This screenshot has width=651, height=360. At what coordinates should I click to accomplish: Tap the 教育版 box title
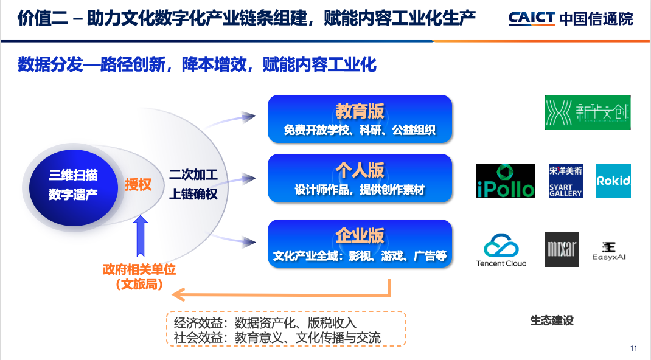tap(360, 111)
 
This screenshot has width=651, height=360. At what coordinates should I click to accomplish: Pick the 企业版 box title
tap(360, 236)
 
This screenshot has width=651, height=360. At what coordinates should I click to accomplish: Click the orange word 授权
tap(138, 184)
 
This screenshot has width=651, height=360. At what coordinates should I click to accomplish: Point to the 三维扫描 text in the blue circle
tap(74, 176)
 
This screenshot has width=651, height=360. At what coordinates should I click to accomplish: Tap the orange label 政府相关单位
tap(139, 269)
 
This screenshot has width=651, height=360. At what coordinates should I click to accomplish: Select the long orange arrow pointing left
tap(280, 296)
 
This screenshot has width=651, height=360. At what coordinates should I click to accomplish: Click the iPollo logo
tap(505, 181)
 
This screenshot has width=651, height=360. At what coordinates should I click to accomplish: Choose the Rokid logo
tap(613, 181)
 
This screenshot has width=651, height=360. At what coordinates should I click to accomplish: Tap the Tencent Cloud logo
tap(501, 250)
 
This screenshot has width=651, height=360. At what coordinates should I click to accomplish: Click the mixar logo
tap(562, 249)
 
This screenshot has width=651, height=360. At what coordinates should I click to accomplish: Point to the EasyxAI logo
tap(608, 250)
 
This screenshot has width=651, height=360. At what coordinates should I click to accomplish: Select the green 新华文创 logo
tap(587, 112)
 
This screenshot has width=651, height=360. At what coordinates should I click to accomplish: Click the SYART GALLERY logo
tap(565, 181)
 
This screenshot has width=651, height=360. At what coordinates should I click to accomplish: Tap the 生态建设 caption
tap(552, 320)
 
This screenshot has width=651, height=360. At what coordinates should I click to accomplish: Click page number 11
tap(633, 348)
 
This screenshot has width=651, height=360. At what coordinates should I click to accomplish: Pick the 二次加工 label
tap(193, 175)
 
